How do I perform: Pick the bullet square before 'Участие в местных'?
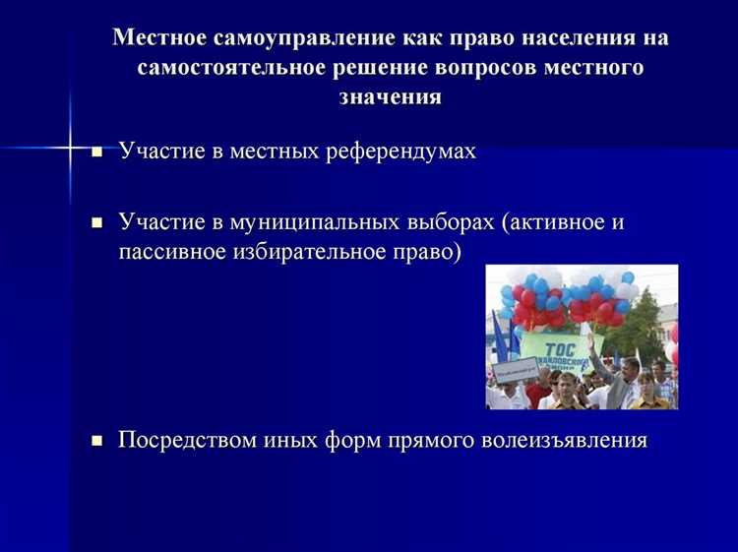click(96, 153)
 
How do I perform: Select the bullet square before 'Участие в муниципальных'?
click(96, 223)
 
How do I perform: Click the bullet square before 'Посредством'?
click(96, 442)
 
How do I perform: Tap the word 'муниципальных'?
click(313, 222)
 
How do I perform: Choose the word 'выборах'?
click(453, 222)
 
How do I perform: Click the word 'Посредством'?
click(188, 440)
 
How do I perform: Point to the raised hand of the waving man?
click(592, 339)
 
